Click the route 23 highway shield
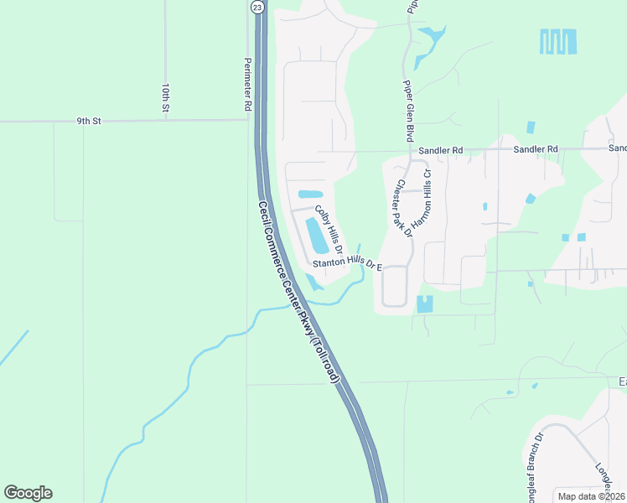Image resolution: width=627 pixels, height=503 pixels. pyautogui.click(x=256, y=6)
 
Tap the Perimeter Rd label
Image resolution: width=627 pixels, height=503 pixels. pyautogui.click(x=247, y=85)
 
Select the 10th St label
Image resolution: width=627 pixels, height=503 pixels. pyautogui.click(x=166, y=98)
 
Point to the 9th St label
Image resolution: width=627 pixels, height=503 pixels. pyautogui.click(x=89, y=121)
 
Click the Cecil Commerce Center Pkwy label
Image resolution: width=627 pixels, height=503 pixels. pyautogui.click(x=299, y=293)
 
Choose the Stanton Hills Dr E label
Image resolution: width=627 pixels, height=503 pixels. pyautogui.click(x=347, y=265)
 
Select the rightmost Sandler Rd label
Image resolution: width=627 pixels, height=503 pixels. pyautogui.click(x=536, y=149)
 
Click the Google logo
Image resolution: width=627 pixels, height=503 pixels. pyautogui.click(x=28, y=493)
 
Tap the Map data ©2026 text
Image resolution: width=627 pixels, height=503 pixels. pyautogui.click(x=591, y=496)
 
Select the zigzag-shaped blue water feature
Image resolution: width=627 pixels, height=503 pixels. pyautogui.click(x=558, y=41)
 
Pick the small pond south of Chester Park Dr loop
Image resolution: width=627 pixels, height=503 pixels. pyautogui.click(x=425, y=304)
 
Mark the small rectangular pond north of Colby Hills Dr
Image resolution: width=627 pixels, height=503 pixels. pyautogui.click(x=310, y=194)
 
